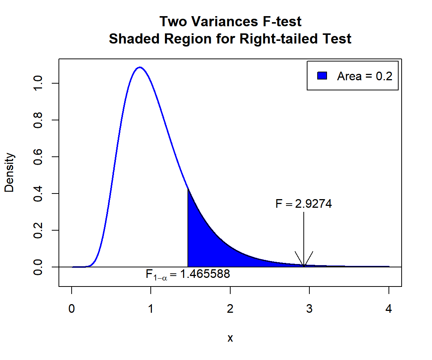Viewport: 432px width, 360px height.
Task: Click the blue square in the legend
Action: (x=322, y=76)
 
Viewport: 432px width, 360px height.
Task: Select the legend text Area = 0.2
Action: (x=364, y=76)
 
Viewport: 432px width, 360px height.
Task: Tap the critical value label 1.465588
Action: (x=205, y=274)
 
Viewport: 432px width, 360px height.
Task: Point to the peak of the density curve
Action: (x=140, y=67)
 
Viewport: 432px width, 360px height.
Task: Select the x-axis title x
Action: (x=230, y=338)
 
